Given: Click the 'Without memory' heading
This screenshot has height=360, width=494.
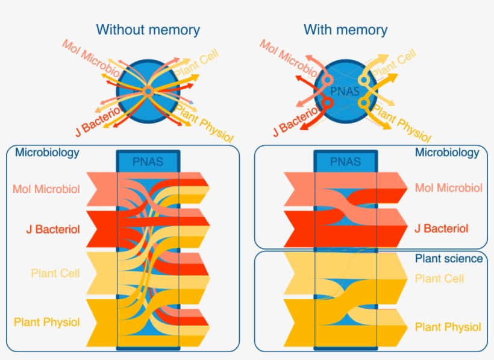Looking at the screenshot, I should point(148,29).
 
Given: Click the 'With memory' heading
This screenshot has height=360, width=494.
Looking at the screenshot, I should point(345,29).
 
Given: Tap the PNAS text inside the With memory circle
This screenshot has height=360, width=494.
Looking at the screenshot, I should point(345,92).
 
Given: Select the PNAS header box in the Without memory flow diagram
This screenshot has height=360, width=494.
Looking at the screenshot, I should point(148,162).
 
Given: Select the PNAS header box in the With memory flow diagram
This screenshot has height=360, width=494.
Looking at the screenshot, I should point(346,162).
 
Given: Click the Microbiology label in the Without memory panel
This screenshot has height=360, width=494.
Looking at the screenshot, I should point(47,153).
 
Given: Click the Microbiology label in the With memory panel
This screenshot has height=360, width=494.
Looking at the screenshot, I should point(447,153).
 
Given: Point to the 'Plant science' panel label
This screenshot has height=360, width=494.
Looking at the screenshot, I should point(449,258).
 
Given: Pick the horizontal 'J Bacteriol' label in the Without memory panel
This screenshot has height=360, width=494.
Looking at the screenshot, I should point(53,229).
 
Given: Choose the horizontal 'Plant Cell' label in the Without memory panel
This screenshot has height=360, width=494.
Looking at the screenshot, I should point(55,273).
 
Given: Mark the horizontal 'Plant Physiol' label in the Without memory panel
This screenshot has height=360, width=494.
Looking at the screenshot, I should point(46,322).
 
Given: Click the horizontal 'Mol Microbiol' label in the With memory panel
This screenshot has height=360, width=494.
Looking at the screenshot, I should point(448,188).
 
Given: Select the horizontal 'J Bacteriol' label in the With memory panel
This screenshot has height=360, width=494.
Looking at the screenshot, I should point(442,229).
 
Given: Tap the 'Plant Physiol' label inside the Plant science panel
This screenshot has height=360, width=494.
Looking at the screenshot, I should point(448,327).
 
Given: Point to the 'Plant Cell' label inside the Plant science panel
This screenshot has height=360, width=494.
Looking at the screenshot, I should point(439,279).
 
